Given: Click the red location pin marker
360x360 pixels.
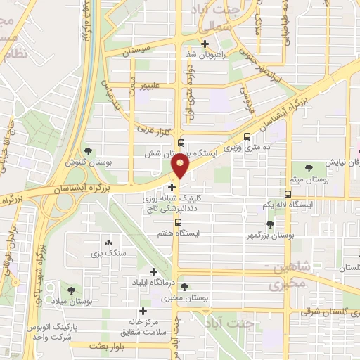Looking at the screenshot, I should pos(181,167).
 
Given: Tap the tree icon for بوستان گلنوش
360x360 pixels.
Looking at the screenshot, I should pos(88,150).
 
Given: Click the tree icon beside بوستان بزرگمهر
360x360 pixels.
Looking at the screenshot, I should pos(271,224).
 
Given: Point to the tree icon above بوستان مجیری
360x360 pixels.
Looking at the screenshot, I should pos(184,286).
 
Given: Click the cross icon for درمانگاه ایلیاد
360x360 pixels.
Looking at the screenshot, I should pos(153,271).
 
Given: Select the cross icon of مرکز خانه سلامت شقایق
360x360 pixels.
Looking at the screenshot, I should pos(144,311).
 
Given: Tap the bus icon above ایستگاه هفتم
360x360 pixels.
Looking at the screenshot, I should pos(179,222).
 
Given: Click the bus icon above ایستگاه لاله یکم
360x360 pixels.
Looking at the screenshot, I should pos(288,193).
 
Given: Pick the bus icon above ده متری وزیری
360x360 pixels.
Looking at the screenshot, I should pos(247,137).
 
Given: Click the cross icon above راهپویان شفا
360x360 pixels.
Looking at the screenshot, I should pos(205,44).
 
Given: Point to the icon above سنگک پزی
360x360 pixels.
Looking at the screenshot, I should pos(108,241).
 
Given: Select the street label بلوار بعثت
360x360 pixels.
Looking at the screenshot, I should pos(109,347).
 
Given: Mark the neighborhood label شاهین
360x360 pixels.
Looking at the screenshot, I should pos(288,267).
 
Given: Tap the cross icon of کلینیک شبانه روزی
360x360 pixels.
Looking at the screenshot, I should pos(172,186).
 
